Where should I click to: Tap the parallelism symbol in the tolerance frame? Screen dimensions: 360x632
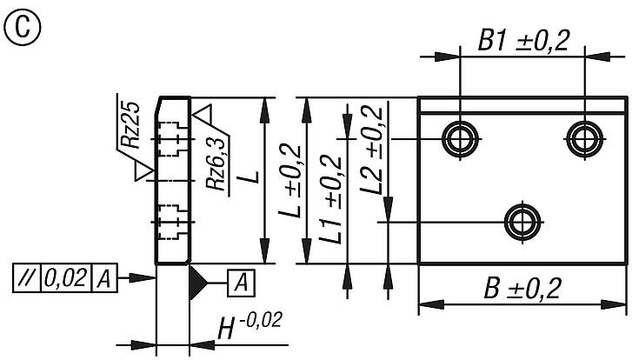coord(26,279)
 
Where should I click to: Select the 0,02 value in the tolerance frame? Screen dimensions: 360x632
coord(63,279)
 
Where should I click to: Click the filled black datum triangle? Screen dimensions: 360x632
coord(198,279)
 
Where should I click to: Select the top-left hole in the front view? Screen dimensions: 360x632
coord(459,137)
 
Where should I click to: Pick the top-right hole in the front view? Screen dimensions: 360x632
coord(582,137)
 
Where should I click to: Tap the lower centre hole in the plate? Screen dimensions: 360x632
coord(522,221)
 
